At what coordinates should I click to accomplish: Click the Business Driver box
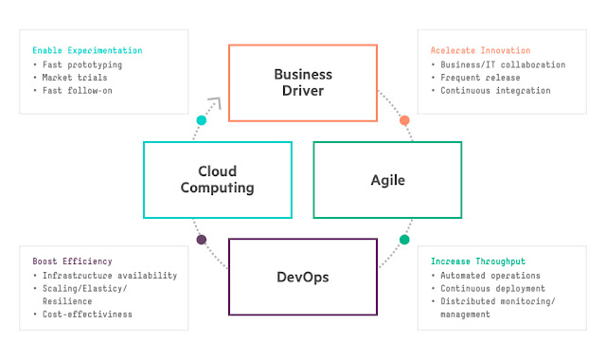(303, 82)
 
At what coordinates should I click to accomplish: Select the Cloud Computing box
(219, 179)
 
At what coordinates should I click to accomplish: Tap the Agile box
(387, 179)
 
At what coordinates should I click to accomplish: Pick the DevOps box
(303, 276)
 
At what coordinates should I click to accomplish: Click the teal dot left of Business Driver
(201, 120)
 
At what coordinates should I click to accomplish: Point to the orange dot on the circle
(404, 120)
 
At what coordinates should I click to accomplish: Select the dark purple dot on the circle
(201, 240)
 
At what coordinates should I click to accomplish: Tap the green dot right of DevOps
(404, 240)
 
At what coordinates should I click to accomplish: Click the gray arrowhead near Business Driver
(216, 103)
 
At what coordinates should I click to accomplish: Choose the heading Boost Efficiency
(72, 261)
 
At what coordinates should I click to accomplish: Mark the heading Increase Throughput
(478, 261)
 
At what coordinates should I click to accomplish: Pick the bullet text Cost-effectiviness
(88, 314)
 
